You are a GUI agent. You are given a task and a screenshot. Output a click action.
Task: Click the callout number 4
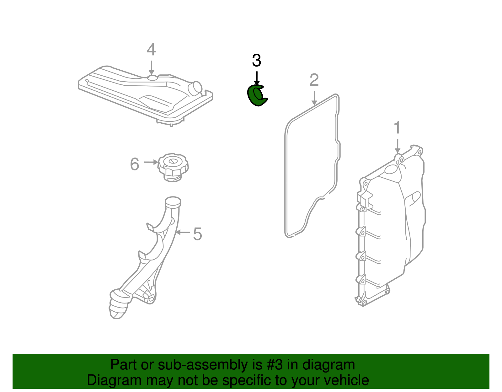151,50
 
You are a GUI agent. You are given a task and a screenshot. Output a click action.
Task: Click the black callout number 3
256,61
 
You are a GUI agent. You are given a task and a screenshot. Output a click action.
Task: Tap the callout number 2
314,80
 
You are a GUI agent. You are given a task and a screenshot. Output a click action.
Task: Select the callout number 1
397,127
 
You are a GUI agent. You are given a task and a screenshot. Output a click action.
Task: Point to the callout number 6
135,164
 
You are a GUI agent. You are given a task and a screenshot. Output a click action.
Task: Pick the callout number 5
198,234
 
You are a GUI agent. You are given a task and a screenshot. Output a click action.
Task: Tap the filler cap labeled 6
173,167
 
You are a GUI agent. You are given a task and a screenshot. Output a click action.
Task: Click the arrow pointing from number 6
151,162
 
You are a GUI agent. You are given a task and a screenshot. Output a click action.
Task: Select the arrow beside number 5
183,232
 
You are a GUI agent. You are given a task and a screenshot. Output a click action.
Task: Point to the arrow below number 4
151,68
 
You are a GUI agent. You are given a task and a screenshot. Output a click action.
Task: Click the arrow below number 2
314,98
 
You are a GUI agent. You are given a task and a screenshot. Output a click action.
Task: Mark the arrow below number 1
397,146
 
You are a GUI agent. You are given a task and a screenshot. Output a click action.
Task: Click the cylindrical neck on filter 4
195,88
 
